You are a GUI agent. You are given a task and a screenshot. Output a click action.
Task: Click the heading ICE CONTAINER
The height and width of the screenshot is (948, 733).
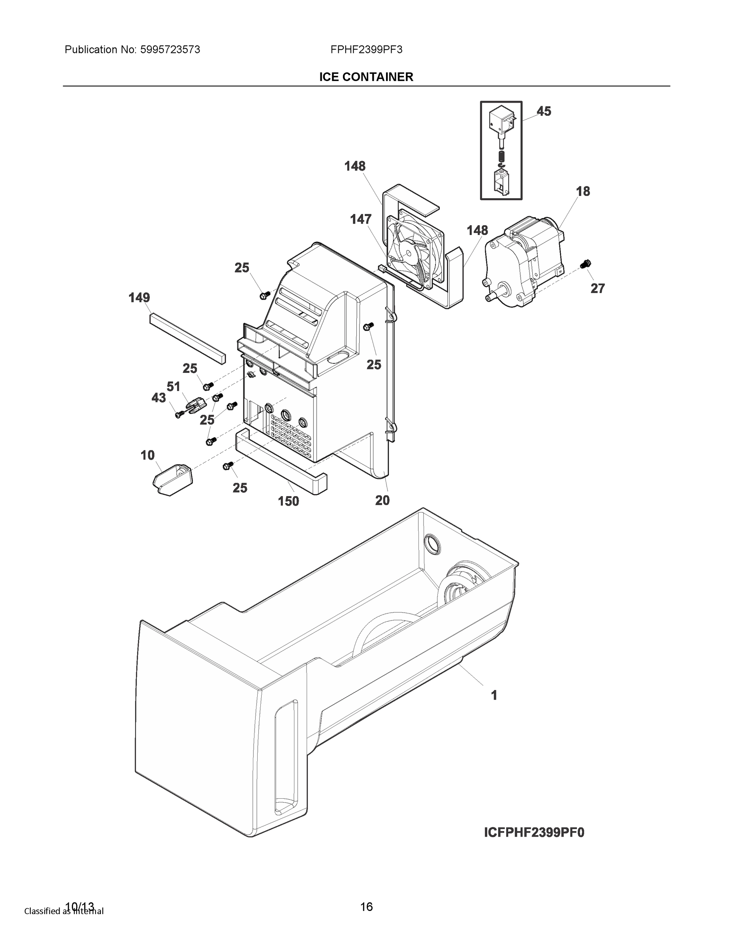(366, 77)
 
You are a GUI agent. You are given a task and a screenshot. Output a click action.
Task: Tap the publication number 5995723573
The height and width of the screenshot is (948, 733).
(170, 49)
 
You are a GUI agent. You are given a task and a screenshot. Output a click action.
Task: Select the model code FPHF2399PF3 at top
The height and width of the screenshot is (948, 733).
(366, 49)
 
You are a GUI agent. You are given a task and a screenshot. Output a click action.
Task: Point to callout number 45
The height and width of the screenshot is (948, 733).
(544, 111)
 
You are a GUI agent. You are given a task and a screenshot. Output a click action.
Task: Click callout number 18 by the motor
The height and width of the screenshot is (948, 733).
(583, 191)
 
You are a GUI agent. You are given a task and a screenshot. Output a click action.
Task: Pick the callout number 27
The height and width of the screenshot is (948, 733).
(597, 288)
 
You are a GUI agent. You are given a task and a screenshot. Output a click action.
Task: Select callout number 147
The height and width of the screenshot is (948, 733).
(361, 219)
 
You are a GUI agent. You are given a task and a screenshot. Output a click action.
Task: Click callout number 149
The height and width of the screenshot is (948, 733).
(139, 297)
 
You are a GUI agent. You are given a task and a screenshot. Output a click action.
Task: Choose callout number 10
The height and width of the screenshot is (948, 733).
(148, 455)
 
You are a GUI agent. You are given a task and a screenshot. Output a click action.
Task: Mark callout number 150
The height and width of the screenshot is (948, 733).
(288, 501)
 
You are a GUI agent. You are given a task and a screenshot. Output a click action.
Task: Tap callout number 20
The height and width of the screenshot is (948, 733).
(382, 500)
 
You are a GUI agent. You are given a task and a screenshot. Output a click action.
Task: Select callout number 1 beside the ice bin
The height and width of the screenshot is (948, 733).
(494, 695)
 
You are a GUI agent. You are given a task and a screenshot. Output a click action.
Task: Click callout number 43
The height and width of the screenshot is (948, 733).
(158, 398)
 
